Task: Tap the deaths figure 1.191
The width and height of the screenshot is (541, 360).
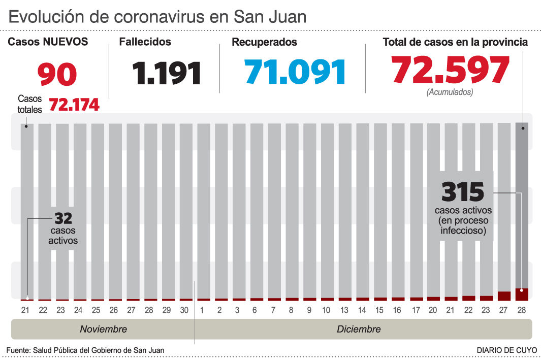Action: coord(167,73)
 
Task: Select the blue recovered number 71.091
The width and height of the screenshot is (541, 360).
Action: coord(295,72)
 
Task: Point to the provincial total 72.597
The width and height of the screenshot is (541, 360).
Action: coord(450,70)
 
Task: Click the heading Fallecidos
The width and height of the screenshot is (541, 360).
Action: coord(145,42)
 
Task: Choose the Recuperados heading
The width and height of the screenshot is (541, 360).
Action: coord(264,43)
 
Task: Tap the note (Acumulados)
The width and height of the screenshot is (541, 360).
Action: coord(450,92)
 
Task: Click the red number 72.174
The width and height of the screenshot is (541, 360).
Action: coord(74,105)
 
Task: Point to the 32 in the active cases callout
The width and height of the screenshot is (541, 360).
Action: coord(63,218)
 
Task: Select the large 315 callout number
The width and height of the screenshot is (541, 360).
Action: coord(463,192)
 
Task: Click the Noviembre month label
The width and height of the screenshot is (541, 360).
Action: coord(103,330)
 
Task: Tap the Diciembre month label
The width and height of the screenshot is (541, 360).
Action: coord(359,330)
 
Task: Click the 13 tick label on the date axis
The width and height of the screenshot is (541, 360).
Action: coord(344,310)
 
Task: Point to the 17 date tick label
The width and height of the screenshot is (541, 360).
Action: coord(416,310)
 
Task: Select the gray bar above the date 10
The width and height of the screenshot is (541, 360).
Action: coord(327,208)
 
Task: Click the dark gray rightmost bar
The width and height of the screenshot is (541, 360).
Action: coord(522,203)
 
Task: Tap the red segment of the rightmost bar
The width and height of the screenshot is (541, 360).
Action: coord(522,294)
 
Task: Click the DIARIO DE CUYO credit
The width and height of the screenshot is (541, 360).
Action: coord(506,350)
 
